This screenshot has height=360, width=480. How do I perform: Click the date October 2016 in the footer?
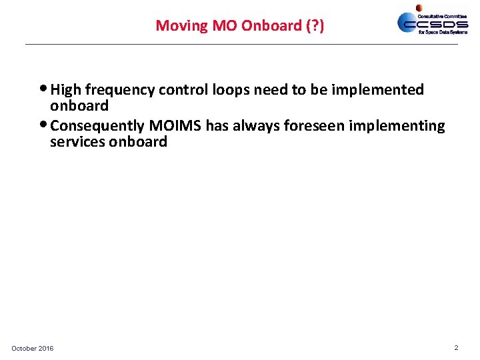coord(33,349)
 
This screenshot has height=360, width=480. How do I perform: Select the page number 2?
coord(456,348)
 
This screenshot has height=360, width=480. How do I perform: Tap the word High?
coord(65,90)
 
